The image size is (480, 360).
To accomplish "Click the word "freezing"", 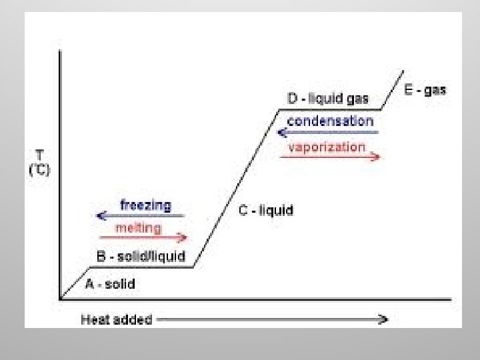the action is (x=145, y=205).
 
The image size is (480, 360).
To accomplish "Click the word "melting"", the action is (x=138, y=228).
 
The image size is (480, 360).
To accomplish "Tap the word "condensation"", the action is (x=330, y=121).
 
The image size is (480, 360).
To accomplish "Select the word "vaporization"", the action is (x=327, y=147).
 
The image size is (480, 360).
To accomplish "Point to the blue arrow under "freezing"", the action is (x=140, y=215).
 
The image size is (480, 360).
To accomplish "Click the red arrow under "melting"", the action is (x=143, y=237).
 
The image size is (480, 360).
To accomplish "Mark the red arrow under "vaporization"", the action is (x=331, y=157).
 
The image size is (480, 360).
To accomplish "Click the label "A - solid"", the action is (x=110, y=284).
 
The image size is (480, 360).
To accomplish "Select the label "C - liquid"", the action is (x=266, y=211).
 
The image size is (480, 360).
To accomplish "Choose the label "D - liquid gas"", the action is (x=328, y=99).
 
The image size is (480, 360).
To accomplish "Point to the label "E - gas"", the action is (x=425, y=89).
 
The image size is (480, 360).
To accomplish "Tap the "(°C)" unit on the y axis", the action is (x=39, y=169).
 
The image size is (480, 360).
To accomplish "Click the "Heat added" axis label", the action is (x=116, y=319).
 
